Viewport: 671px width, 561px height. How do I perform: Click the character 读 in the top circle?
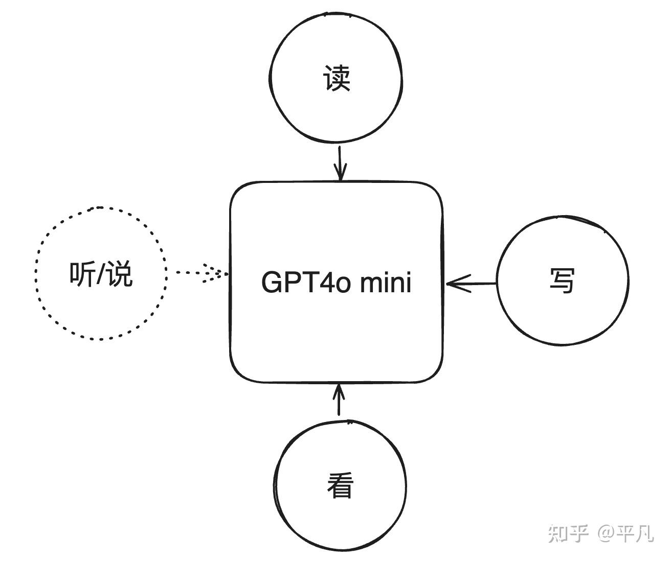point(337,78)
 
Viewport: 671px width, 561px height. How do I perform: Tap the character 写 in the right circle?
point(562,280)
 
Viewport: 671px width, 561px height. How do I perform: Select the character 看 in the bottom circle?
point(340,485)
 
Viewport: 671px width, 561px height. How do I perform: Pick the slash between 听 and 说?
point(101,274)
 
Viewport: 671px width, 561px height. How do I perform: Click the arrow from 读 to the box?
point(340,163)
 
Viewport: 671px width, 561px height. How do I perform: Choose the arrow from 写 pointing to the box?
point(471,283)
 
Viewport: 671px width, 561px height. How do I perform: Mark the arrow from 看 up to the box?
point(338,401)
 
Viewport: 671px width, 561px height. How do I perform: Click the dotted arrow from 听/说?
point(202,273)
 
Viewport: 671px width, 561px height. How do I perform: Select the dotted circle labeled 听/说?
point(101,215)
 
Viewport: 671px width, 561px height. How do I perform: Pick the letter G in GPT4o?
point(271,282)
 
